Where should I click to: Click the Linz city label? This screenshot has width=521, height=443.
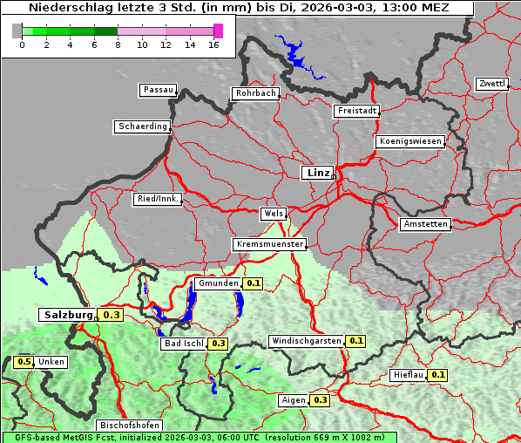pos(317,173)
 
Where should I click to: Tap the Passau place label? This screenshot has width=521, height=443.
pos(157,90)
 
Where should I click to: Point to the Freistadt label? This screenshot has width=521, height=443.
pos(356,111)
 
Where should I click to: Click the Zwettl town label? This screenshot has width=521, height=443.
pos(491,84)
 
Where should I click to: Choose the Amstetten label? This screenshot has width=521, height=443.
pos(425,224)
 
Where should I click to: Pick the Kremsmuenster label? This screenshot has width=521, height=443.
pos(269,244)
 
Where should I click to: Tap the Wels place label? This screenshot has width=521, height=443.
pos(272,214)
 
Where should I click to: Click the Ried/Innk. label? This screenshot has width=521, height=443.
pos(158,199)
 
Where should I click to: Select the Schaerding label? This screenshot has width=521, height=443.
pos(142,126)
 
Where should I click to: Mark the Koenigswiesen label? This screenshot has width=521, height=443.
pos(409,141)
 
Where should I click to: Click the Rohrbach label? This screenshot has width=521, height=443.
pos(254,93)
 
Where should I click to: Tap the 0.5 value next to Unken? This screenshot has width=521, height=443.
pos(24,362)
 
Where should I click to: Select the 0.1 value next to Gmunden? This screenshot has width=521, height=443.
pos(253,283)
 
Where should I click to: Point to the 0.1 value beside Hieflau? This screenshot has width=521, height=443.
pos(438,375)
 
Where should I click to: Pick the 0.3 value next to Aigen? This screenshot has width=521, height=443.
pos(320,400)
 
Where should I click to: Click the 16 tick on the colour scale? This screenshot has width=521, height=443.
pos(214,44)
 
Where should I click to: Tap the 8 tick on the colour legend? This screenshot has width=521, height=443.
pos(118,44)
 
